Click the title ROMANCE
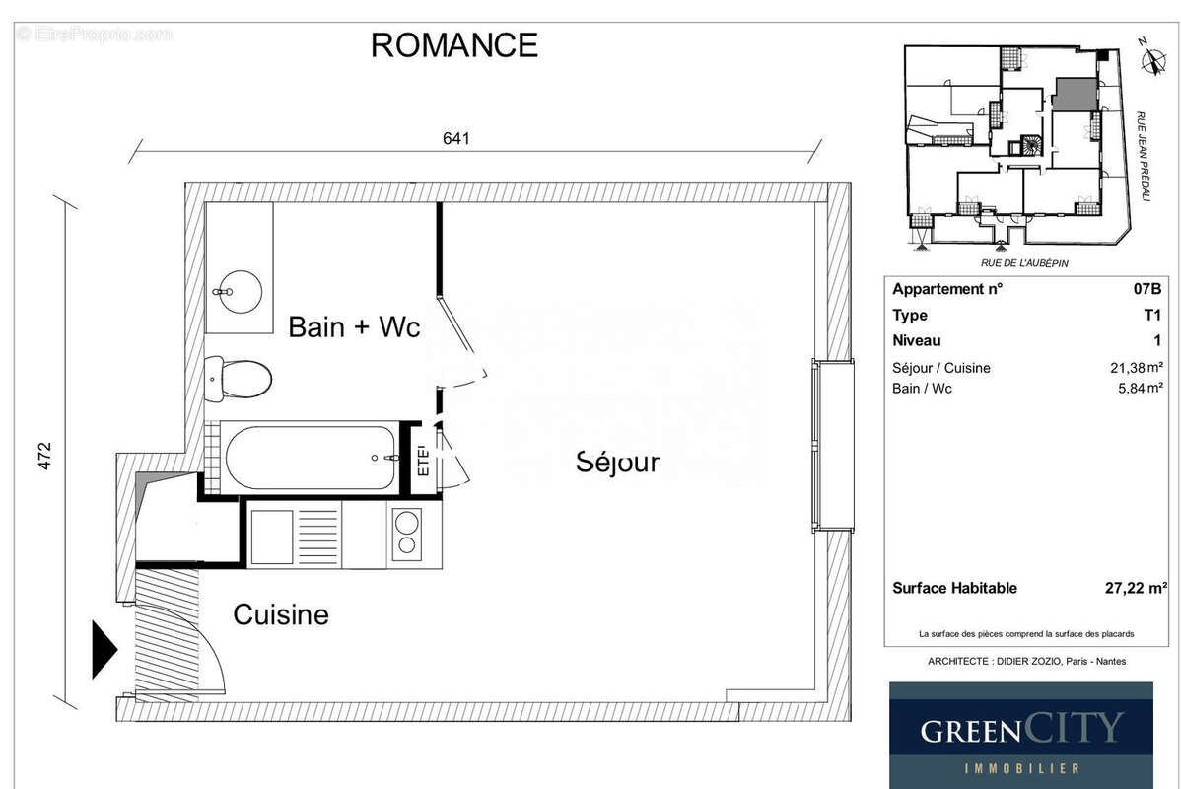click(x=453, y=45)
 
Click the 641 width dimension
click(x=454, y=139)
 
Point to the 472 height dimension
click(x=44, y=454)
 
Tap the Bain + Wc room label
click(x=354, y=327)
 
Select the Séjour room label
click(x=617, y=462)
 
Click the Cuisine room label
click(x=280, y=615)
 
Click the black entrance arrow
click(x=104, y=650)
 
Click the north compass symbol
click(x=1148, y=61)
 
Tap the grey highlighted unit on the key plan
click(x=1074, y=95)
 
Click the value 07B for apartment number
click(x=1146, y=290)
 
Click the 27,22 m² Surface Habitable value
click(x=1136, y=588)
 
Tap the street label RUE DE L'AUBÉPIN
click(x=1024, y=263)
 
